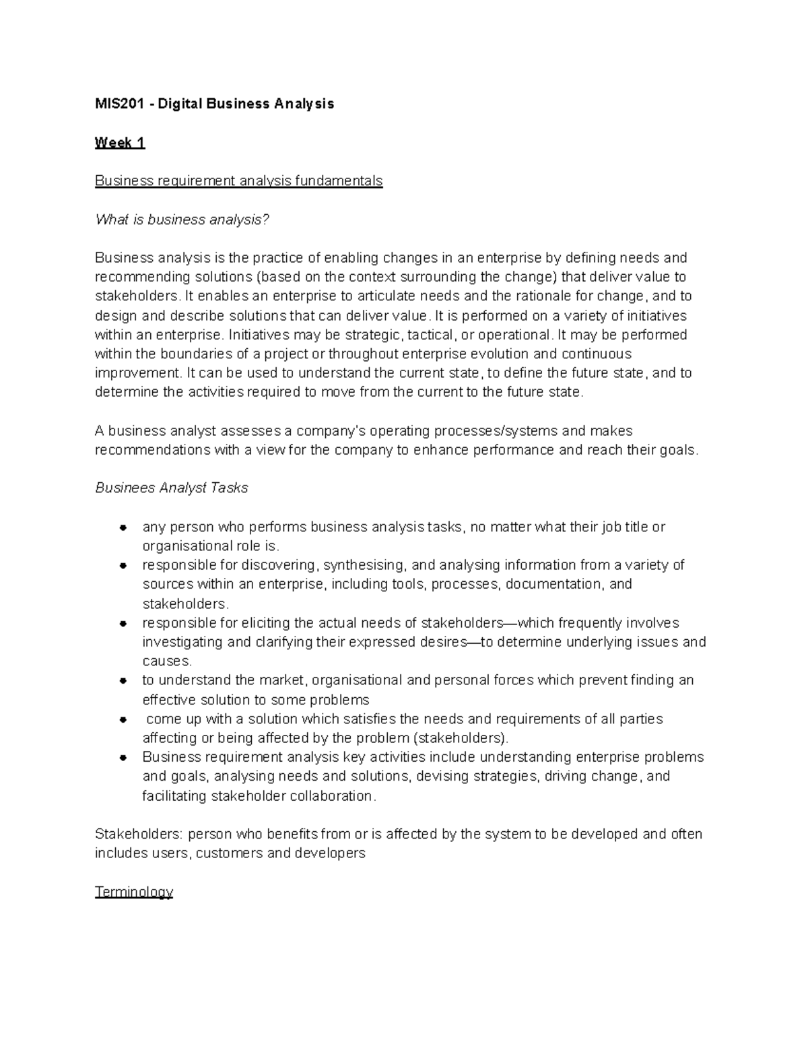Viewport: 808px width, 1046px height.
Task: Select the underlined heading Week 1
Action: (120, 142)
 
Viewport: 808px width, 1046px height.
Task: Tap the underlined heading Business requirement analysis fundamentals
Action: (238, 181)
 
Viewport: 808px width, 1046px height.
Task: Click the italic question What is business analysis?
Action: (182, 220)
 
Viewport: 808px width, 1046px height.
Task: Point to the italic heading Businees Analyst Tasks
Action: (172, 488)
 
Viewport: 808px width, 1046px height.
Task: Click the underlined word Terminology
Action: (134, 892)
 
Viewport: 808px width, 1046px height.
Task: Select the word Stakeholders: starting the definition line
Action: (138, 834)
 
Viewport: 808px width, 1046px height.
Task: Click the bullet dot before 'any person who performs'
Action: (123, 527)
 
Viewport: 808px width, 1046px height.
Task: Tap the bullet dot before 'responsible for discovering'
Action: (123, 565)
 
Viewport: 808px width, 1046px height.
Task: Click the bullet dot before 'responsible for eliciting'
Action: (123, 624)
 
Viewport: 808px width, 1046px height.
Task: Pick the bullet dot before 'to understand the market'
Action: (123, 681)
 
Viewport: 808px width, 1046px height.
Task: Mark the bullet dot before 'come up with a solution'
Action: (123, 719)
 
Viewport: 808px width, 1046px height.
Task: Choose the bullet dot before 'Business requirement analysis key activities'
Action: (123, 758)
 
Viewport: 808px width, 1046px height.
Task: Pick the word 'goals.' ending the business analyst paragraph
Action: (678, 450)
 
